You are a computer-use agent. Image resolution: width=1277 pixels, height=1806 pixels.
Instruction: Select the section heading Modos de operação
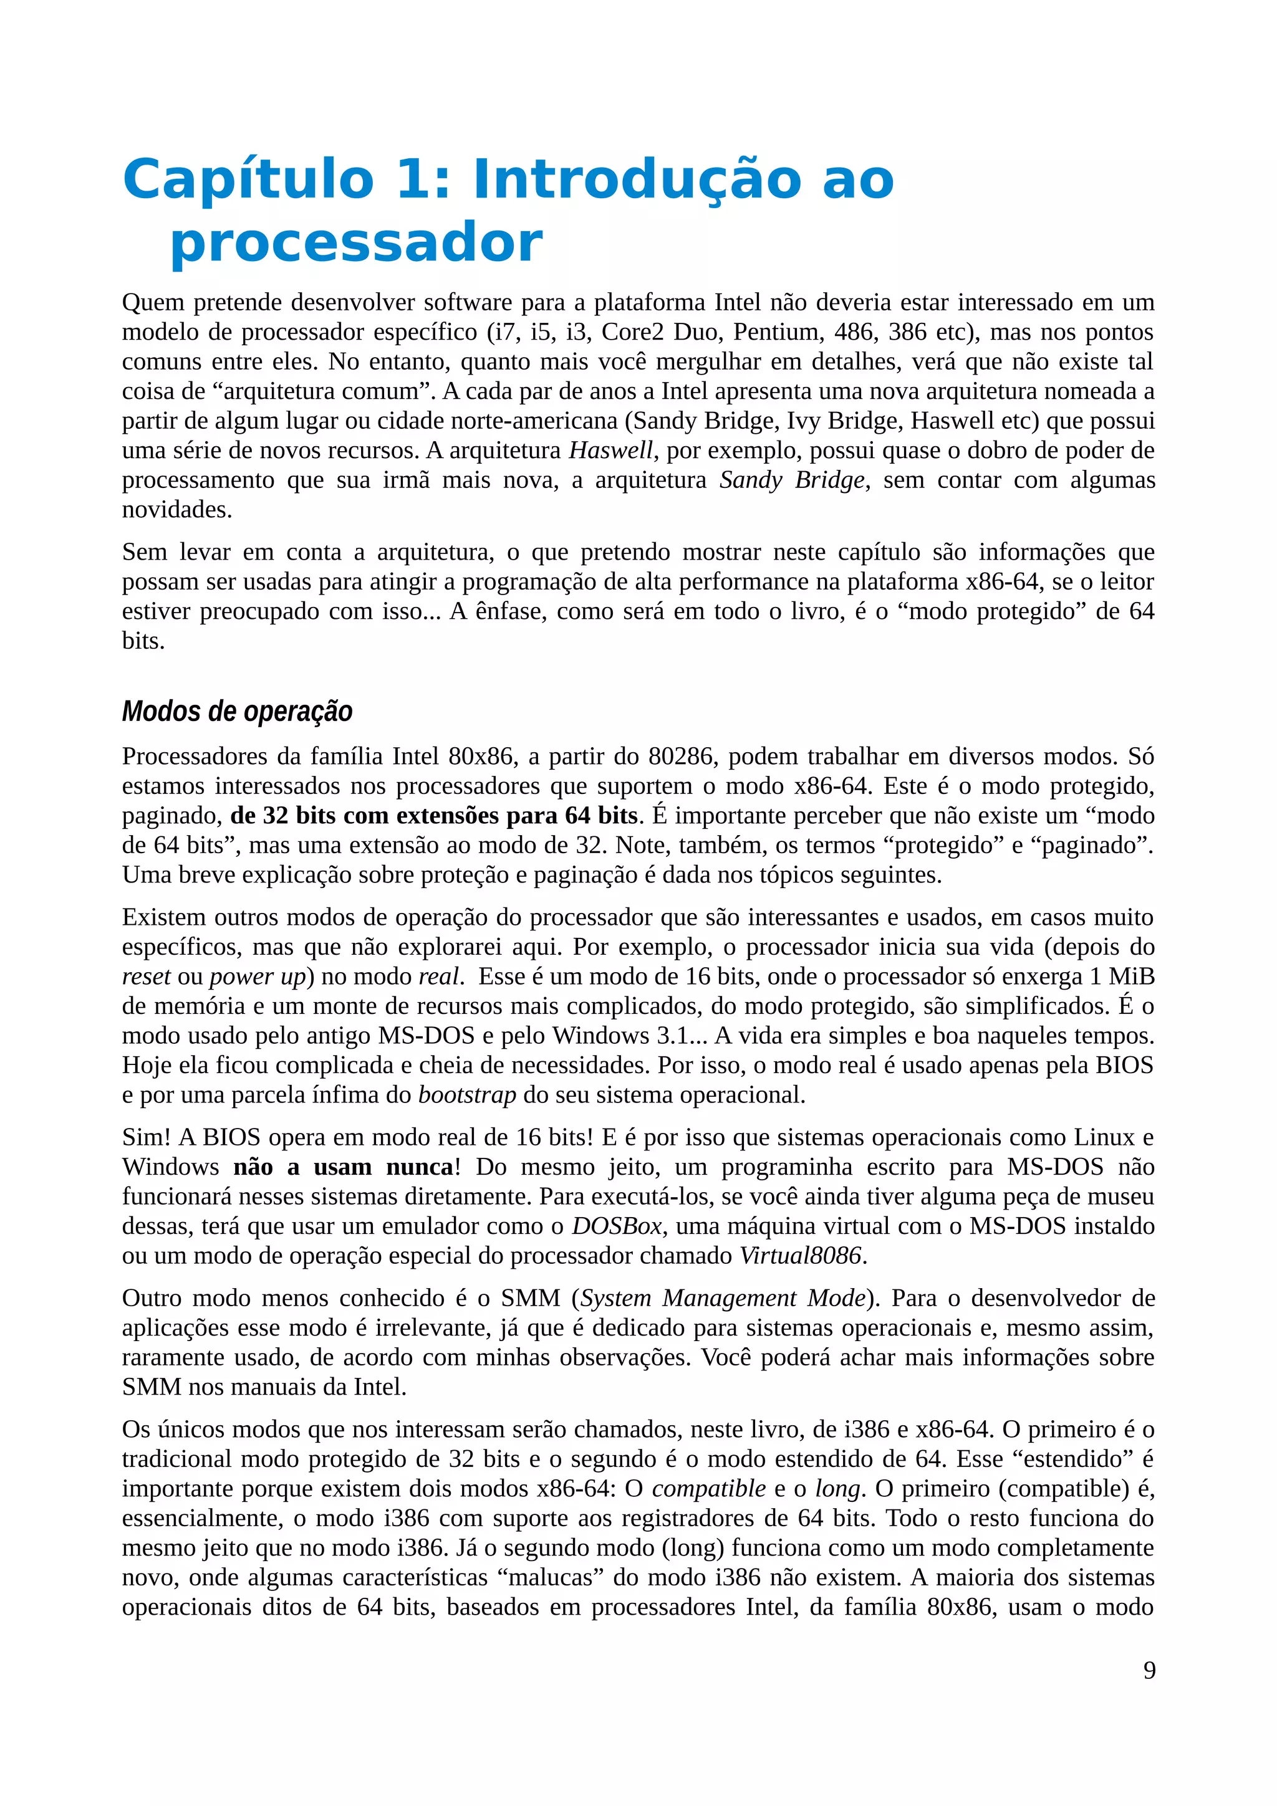click(x=237, y=711)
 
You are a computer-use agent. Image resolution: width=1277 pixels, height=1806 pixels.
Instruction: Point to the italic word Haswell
click(x=610, y=451)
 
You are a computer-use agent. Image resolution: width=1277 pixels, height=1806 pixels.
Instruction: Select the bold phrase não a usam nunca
click(x=343, y=1167)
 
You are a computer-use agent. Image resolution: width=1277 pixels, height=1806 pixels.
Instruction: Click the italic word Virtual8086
click(x=800, y=1255)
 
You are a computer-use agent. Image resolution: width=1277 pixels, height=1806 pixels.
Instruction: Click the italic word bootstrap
click(x=466, y=1095)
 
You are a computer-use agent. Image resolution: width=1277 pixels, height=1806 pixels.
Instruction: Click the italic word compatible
click(x=708, y=1488)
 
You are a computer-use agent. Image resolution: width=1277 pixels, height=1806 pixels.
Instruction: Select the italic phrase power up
click(x=258, y=977)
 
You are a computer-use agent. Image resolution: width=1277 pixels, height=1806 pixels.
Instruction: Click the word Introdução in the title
click(x=636, y=179)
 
